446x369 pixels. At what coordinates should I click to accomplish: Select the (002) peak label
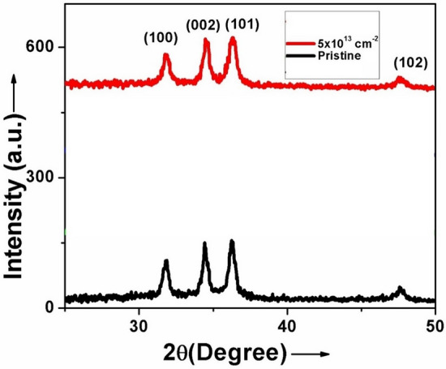[203, 24]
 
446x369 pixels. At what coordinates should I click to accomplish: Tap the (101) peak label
[242, 24]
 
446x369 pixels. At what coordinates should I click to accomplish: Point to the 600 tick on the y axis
[42, 47]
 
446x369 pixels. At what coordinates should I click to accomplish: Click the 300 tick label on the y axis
[42, 178]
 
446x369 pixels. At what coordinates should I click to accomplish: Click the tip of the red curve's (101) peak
[234, 38]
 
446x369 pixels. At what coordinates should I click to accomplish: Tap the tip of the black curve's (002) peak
[204, 243]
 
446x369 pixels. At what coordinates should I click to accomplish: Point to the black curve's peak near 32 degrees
[166, 261]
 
